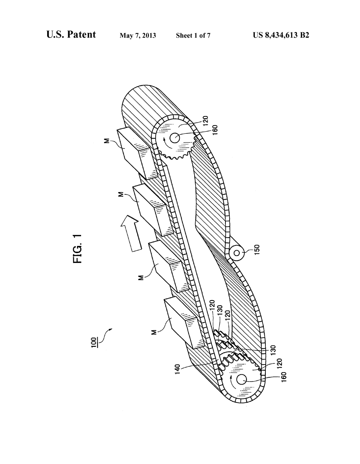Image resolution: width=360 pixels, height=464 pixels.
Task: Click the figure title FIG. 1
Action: point(77,249)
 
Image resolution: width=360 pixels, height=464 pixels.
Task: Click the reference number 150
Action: point(257,250)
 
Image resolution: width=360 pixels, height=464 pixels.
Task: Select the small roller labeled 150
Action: point(236,253)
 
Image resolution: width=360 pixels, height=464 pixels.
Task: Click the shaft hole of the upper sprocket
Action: point(175,138)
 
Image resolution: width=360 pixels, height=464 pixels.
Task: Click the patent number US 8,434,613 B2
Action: point(281,35)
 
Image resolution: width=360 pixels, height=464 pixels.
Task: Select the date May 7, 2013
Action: point(138,35)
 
